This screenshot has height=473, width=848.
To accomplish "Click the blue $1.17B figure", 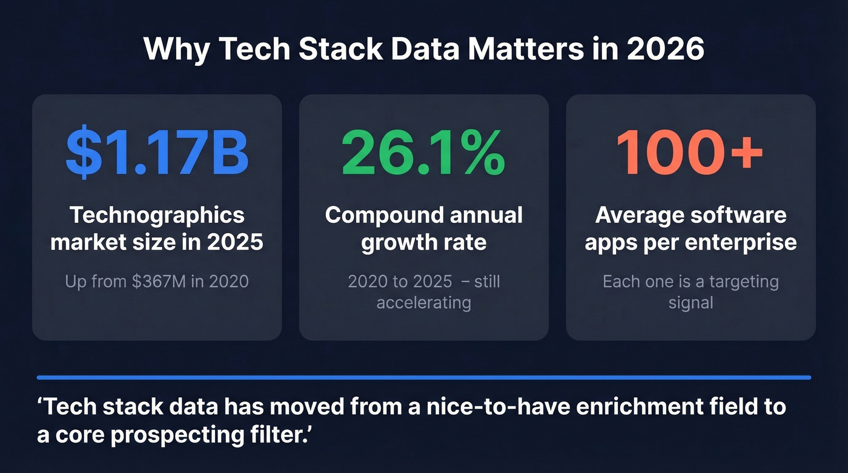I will click(157, 151).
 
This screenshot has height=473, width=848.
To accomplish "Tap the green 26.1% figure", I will click(423, 151).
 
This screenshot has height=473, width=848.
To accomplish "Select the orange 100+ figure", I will click(690, 151).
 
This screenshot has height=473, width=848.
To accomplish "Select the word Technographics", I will click(157, 215).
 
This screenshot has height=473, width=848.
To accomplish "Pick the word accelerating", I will click(423, 302).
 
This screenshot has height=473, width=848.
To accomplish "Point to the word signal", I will click(691, 302).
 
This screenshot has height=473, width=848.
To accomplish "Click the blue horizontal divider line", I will click(423, 377).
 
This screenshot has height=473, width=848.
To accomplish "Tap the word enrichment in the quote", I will click(640, 406).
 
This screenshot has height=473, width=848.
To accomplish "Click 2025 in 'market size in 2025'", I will click(235, 242).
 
